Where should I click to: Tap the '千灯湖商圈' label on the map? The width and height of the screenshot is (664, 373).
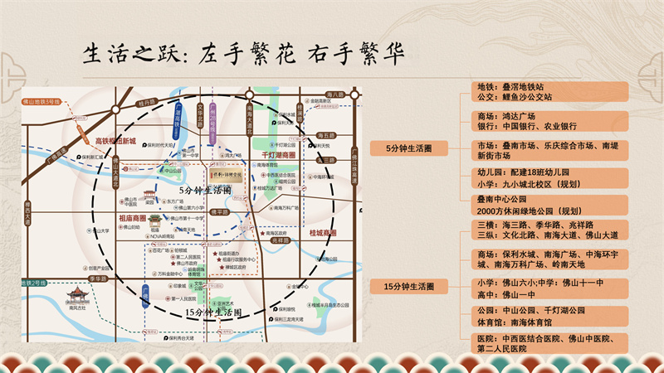[x=279, y=155]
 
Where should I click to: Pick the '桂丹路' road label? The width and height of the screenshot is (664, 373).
[x=147, y=101]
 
